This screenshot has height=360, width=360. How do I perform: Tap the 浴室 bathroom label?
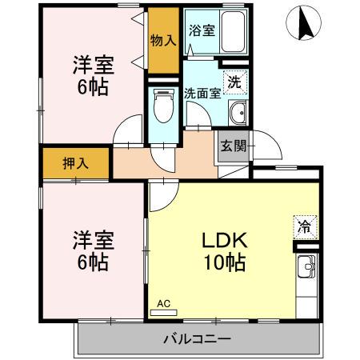coord(201,31)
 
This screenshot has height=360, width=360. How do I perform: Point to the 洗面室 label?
coord(202,92)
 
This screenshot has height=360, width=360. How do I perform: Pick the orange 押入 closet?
coord(76,163)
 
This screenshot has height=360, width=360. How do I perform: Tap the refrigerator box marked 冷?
coord(305,226)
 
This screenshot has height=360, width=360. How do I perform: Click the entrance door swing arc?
coord(269,146)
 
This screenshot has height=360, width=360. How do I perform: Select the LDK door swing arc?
coord(160,192)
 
